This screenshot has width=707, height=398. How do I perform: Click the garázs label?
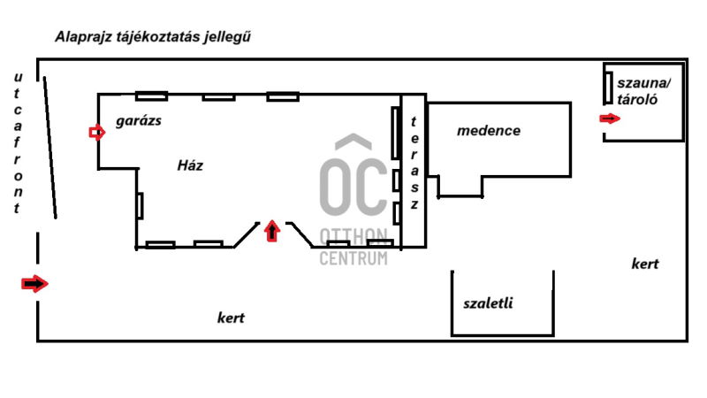tap(139, 120)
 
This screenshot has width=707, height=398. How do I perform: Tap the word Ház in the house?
tap(190, 165)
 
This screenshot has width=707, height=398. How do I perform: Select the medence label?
tap(489, 130)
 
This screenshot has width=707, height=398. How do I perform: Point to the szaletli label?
tap(488, 302)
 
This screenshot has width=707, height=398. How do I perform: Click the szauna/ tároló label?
tap(643, 91)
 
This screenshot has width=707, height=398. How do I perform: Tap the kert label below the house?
tap(231, 318)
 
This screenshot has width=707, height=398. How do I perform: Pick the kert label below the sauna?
tap(645, 264)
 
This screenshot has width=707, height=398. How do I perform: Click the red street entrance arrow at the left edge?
tap(34, 284)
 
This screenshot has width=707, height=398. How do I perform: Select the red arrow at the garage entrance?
tap(97, 133)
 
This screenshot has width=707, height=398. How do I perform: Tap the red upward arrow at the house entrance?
tap(271, 231)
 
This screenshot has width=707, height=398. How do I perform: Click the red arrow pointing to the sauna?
tap(610, 119)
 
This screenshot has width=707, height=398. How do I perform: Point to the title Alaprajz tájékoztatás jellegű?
tap(153, 37)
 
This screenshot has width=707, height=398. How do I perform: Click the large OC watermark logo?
tap(353, 175)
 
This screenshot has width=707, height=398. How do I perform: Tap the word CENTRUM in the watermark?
tap(353, 258)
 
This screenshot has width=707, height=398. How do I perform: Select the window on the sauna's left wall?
tap(608, 88)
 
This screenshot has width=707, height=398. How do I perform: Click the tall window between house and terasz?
tap(395, 133)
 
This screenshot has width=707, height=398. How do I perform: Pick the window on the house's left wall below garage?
tap(140, 206)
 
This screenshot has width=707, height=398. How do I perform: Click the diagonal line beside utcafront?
tap(50, 148)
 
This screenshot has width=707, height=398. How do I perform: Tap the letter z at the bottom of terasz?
tap(414, 204)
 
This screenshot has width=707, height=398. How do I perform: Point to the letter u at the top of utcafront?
tap(18, 77)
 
